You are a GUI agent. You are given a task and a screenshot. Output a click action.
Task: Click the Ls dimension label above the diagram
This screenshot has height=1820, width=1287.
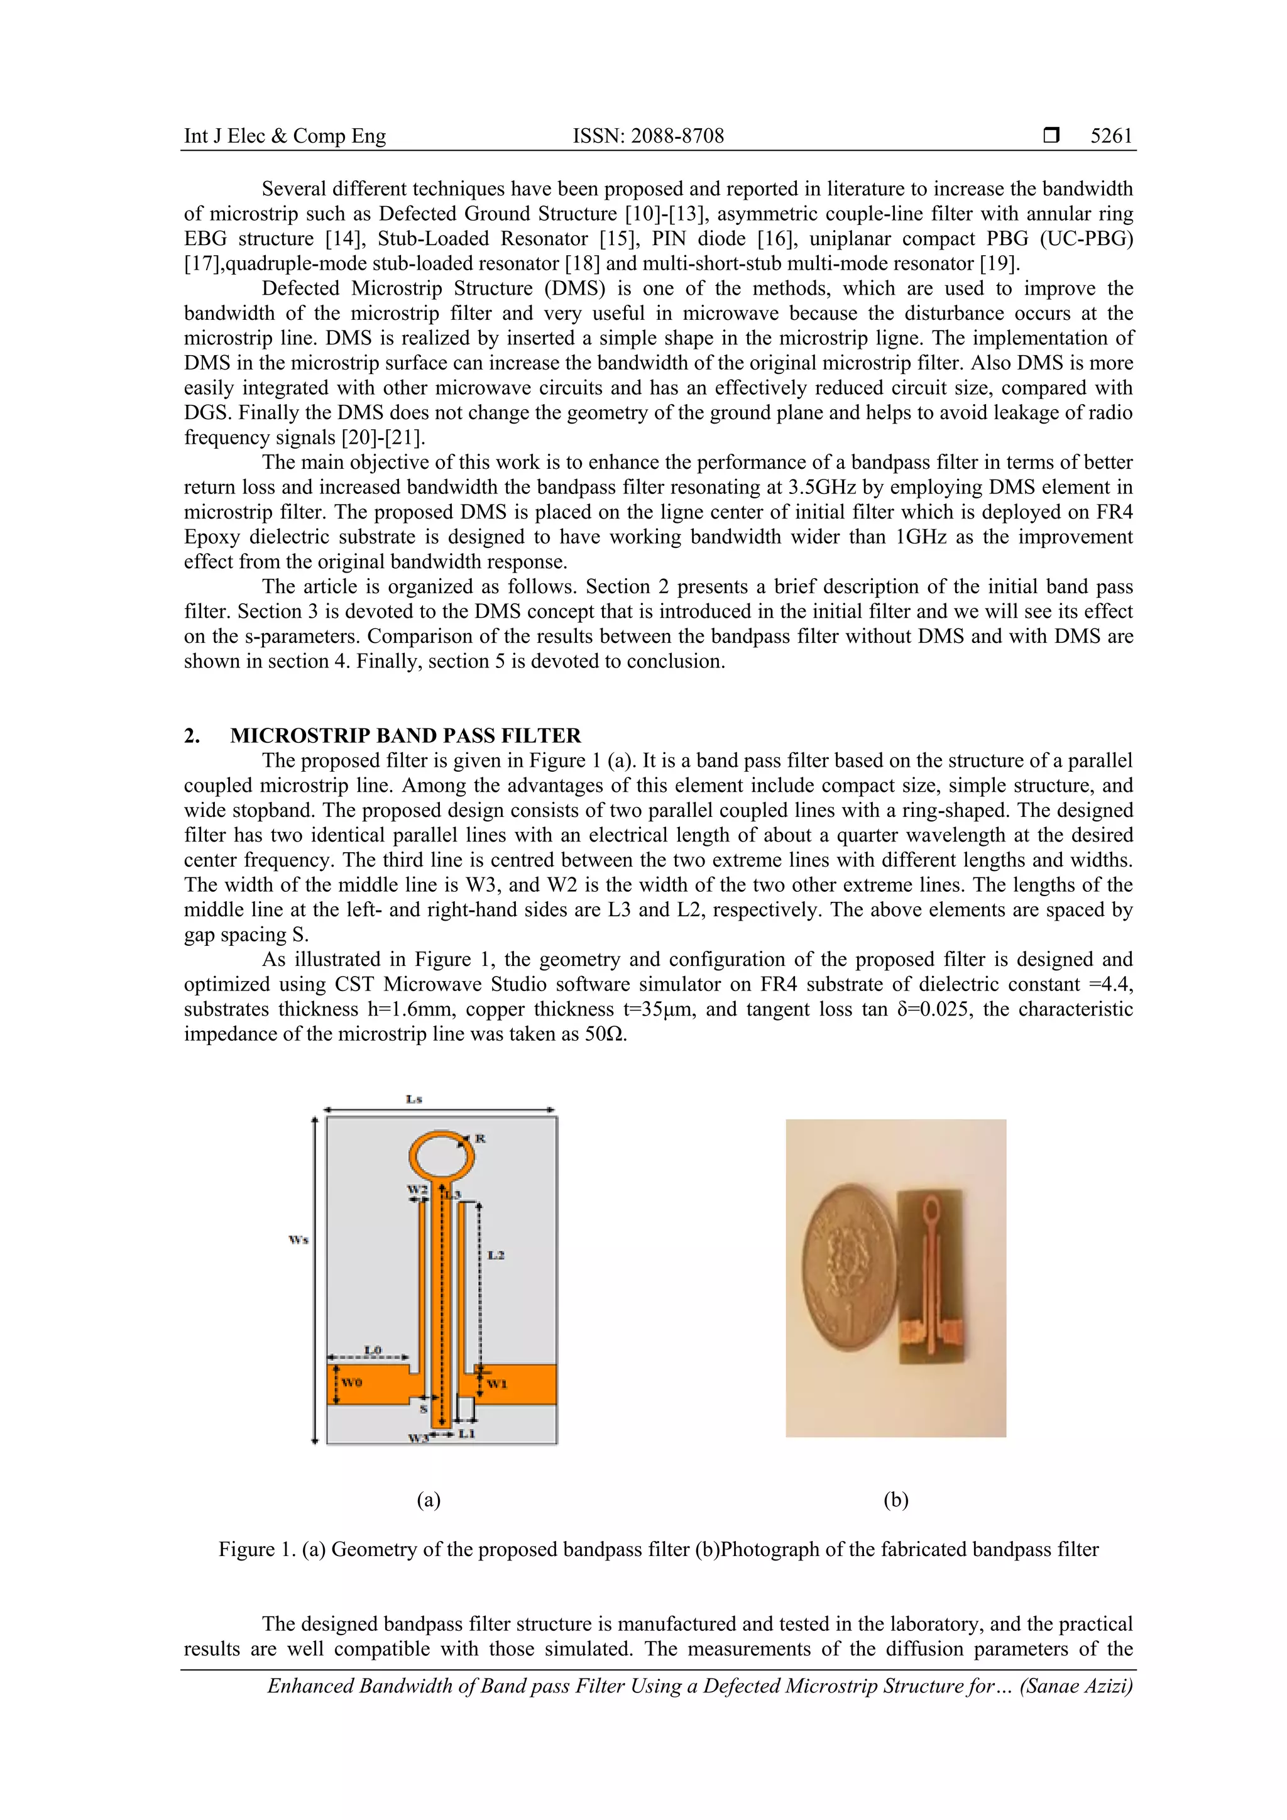click(413, 1099)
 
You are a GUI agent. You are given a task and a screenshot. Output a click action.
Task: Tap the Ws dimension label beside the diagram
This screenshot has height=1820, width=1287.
click(298, 1240)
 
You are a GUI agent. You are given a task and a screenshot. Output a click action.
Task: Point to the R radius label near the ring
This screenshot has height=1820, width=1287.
click(480, 1138)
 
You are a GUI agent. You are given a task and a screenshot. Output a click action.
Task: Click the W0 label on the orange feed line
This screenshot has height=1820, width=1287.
click(352, 1383)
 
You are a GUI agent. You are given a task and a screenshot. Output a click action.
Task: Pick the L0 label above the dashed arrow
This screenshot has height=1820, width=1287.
click(373, 1350)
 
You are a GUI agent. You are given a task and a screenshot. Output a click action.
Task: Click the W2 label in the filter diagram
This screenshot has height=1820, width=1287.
click(417, 1190)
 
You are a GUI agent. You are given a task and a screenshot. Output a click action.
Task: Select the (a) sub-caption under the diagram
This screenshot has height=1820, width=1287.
click(428, 1499)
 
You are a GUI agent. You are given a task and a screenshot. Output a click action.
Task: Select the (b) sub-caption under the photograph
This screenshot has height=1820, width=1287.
click(895, 1499)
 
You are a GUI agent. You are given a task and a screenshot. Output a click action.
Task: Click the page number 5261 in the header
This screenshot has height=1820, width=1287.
click(1111, 136)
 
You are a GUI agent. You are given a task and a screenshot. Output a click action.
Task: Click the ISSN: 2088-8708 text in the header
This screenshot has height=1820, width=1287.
click(649, 136)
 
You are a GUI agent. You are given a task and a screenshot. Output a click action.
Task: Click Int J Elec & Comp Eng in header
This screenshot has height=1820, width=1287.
click(285, 136)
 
